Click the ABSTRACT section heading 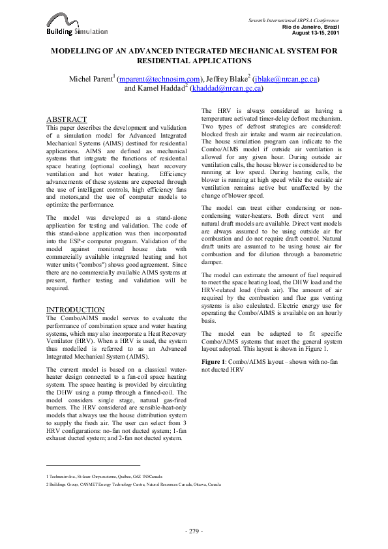tap(66, 119)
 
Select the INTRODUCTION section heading tap(75, 309)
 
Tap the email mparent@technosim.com tap(149, 78)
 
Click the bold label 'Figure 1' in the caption tap(216, 361)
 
